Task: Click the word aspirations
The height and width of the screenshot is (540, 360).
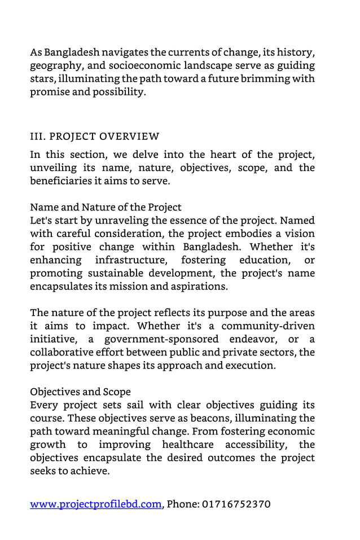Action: [199, 286]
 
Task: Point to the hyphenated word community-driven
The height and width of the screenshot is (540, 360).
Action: [268, 326]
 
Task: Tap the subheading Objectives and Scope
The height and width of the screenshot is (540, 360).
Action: [80, 392]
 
